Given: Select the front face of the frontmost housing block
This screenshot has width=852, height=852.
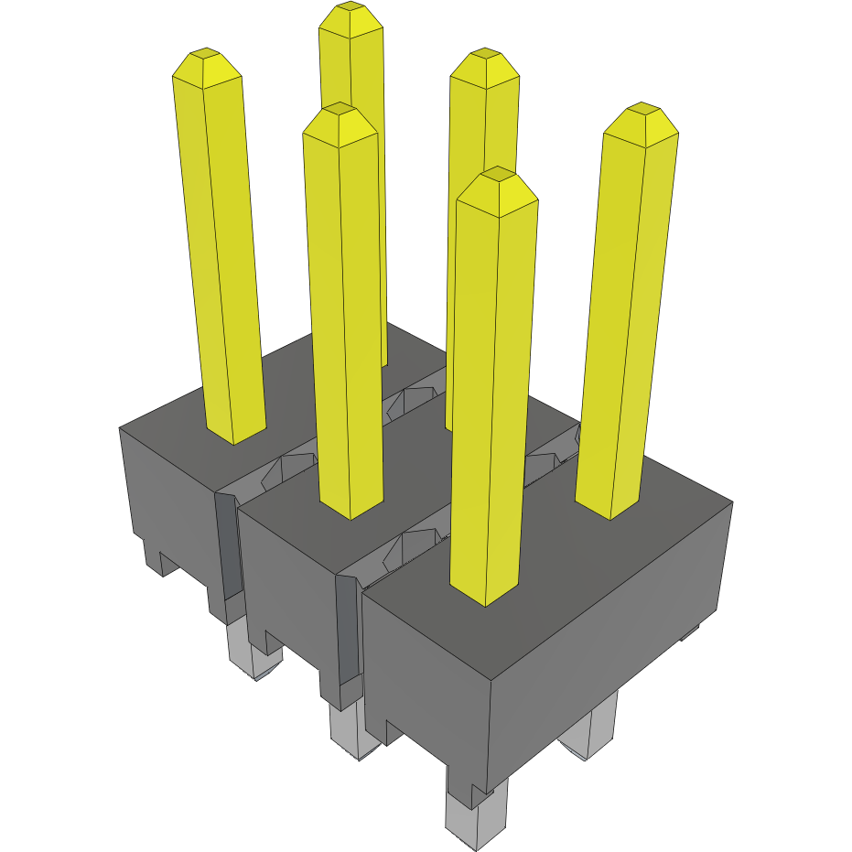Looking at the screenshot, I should pos(426,668).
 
